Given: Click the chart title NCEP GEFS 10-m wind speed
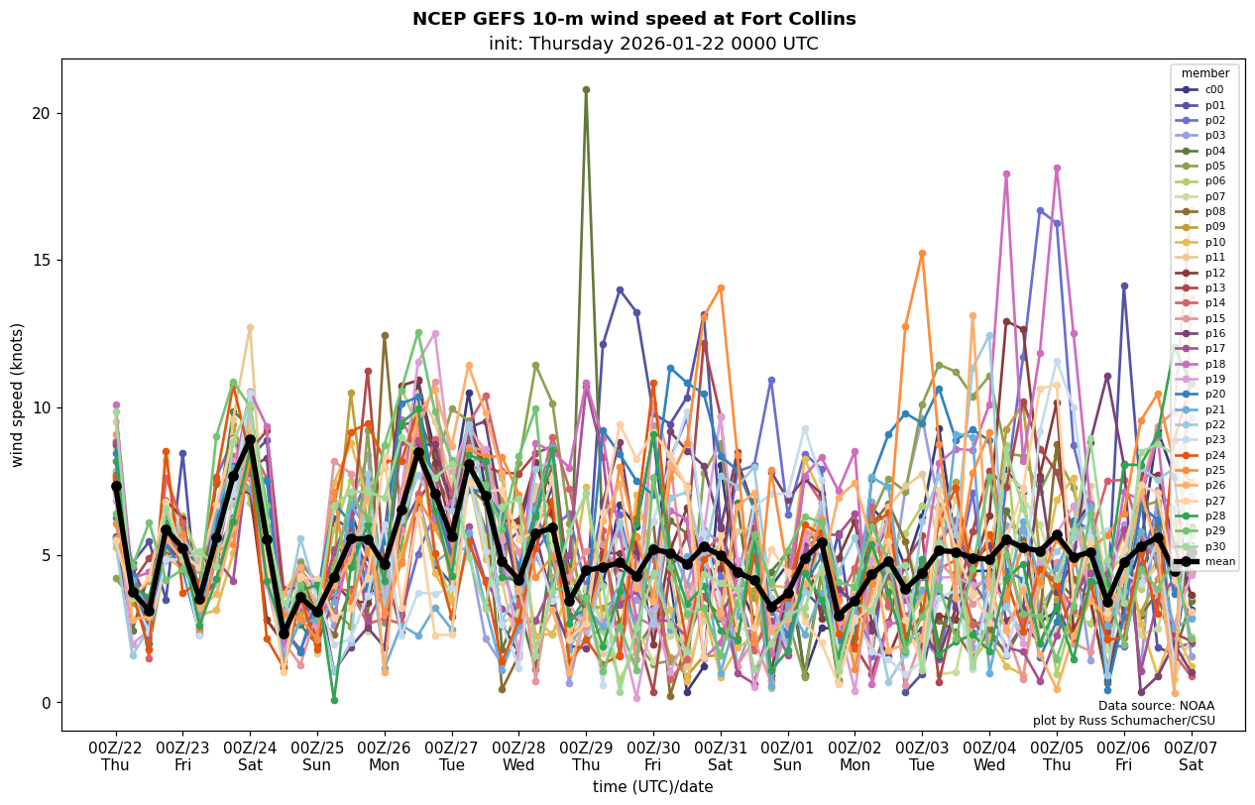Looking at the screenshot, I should click(x=633, y=19).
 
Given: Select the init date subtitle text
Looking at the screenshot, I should click(x=653, y=44).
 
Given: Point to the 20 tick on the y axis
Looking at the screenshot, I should click(x=41, y=113).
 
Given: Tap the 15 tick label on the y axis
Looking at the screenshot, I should click(x=41, y=261).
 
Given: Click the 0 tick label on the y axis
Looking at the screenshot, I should click(x=46, y=703).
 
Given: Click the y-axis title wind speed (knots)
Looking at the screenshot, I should click(x=17, y=395).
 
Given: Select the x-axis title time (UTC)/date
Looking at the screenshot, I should click(x=652, y=787).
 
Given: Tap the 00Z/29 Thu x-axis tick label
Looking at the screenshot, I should click(x=586, y=756).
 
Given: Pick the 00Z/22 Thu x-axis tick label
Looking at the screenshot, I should click(x=115, y=756).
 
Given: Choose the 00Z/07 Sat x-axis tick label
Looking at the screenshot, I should click(x=1191, y=756).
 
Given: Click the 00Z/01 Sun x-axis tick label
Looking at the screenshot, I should click(x=787, y=756).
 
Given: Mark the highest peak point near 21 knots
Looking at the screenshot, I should click(x=586, y=89).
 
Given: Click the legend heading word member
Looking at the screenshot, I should click(x=1204, y=73).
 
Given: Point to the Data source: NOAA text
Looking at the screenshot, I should click(x=1156, y=706).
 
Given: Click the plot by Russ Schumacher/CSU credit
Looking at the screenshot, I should click(x=1123, y=721).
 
